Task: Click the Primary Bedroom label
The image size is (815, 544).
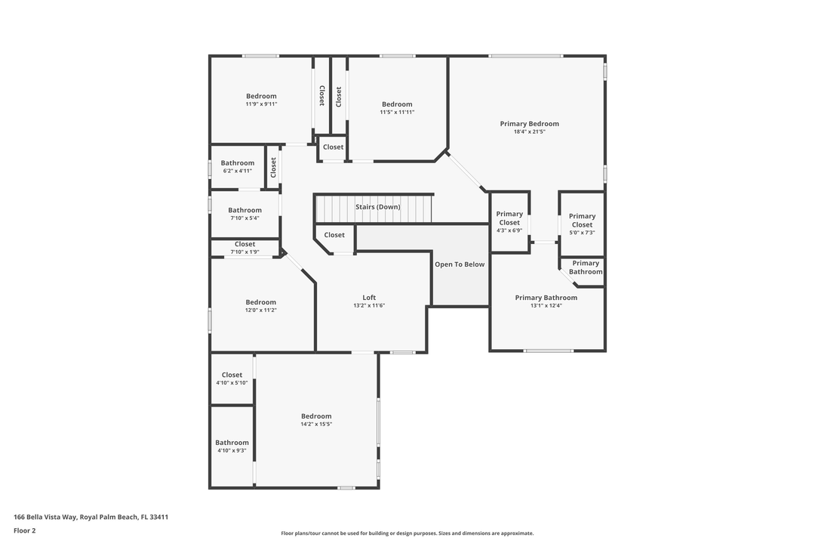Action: pos(529,124)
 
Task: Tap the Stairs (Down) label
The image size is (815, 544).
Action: pos(378,207)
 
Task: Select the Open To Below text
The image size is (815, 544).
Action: pos(460,264)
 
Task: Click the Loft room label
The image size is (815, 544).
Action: pos(369,298)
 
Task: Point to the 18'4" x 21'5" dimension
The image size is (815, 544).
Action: pos(529,132)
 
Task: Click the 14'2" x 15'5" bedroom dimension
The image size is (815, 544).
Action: pos(316,425)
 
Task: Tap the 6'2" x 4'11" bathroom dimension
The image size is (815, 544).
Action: pos(238,171)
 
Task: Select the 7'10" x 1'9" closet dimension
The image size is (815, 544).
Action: pos(244,252)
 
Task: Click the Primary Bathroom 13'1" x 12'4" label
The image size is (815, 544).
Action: pos(546,298)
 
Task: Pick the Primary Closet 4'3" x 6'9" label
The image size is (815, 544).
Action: pos(509,218)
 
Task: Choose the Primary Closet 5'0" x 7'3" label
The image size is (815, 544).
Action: pos(582,220)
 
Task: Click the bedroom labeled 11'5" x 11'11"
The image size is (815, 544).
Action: pos(397,104)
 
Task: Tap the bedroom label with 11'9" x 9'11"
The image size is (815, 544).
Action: pos(261,96)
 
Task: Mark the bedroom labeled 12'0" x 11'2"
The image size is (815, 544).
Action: pos(260,302)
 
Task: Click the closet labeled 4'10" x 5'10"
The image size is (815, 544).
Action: pos(232,375)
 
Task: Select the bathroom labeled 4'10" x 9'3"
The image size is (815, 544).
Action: pos(232,443)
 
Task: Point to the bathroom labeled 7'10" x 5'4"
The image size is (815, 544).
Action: pos(244,210)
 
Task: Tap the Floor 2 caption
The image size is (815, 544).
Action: pos(24,530)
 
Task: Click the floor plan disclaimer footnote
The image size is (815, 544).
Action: pos(407,533)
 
